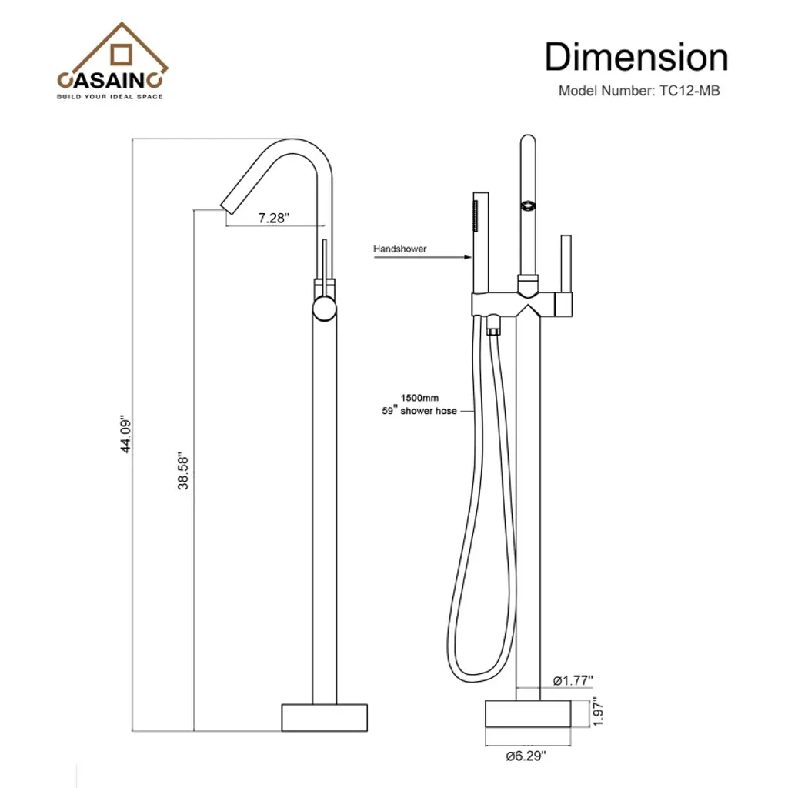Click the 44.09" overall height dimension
click(125, 434)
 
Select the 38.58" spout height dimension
click(183, 472)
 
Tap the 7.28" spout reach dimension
click(274, 218)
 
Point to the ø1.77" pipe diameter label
click(573, 680)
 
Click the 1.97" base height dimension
click(598, 711)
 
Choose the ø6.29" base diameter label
click(526, 756)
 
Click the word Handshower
click(399, 249)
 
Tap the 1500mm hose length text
click(419, 398)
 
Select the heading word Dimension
click(636, 57)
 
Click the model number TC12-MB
click(689, 91)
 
